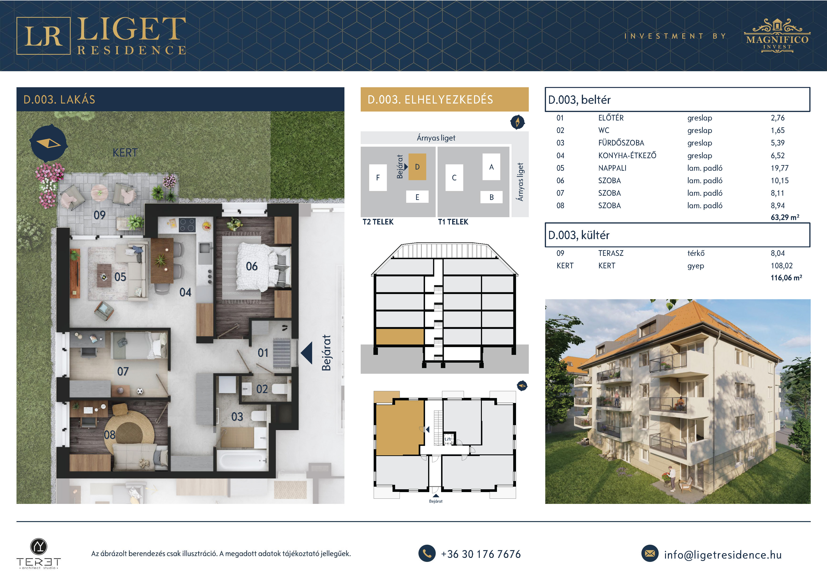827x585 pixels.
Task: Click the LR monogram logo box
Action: point(43,36)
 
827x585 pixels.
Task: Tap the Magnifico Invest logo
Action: point(777,36)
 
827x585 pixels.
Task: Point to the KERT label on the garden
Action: point(125,153)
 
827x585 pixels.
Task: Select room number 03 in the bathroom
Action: point(237,417)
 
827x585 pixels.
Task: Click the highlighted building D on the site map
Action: point(417,167)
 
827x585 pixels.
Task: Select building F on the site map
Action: point(378,178)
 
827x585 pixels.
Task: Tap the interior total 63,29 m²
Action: point(785,217)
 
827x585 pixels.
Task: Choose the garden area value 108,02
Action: point(782,266)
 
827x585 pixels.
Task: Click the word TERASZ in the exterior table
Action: point(611,253)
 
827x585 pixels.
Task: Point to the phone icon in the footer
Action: point(427,553)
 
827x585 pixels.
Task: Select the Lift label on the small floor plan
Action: point(448,439)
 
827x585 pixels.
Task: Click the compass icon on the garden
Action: point(49,143)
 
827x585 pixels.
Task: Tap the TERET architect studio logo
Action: point(38,554)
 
